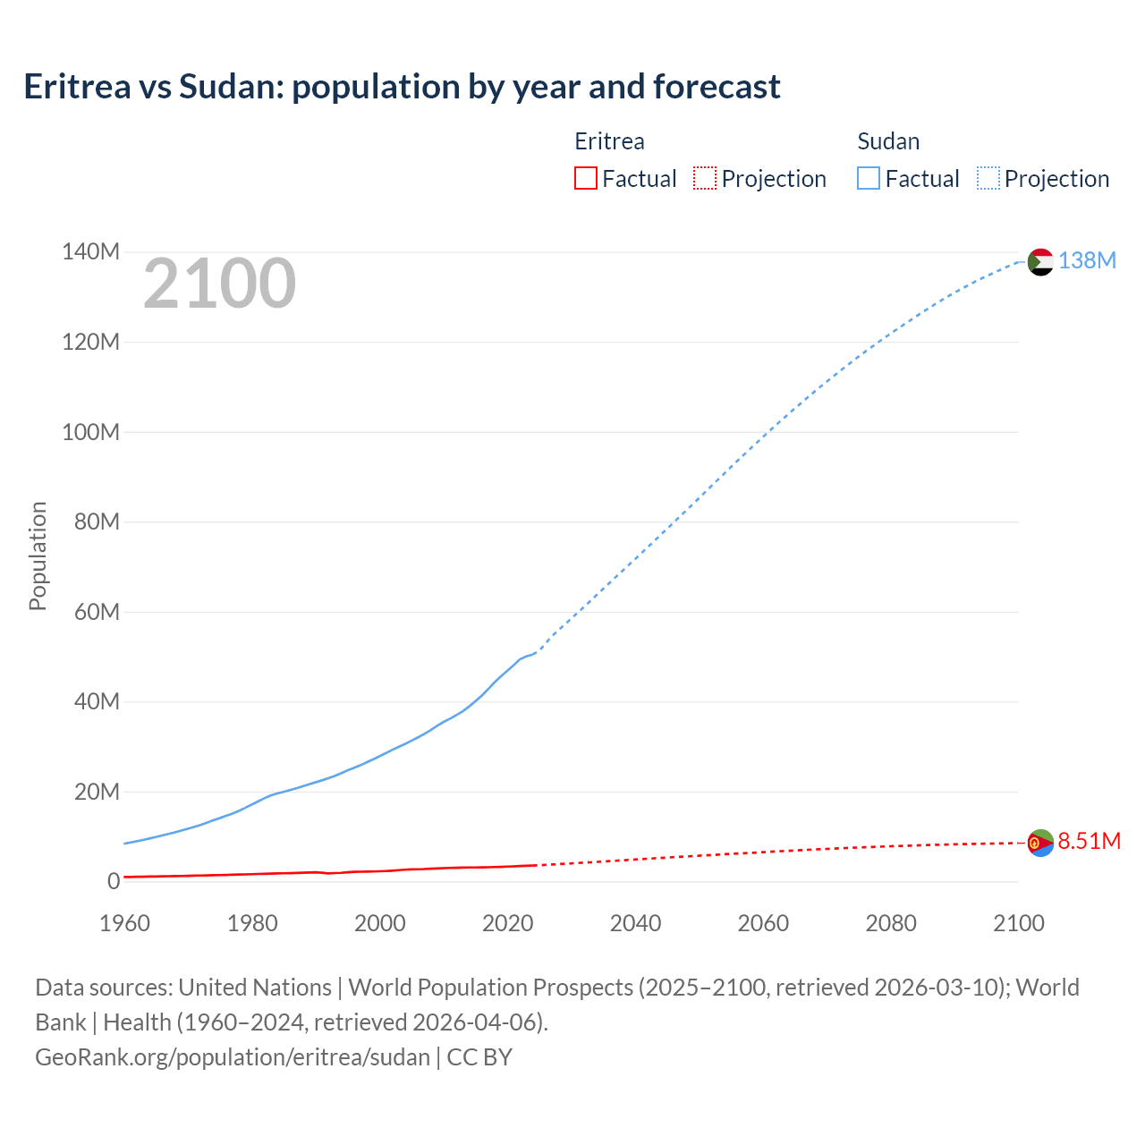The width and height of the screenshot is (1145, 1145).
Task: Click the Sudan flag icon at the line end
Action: click(x=1040, y=262)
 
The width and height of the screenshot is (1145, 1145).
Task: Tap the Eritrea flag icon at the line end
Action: click(x=1040, y=843)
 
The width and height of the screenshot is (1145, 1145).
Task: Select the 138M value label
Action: click(x=1087, y=260)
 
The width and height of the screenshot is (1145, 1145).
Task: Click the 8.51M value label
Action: click(x=1089, y=841)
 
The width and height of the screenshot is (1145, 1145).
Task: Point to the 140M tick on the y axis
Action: click(x=90, y=252)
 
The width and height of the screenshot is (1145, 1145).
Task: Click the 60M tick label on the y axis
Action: click(x=97, y=612)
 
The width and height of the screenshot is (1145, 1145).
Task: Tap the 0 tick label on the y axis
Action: click(x=113, y=881)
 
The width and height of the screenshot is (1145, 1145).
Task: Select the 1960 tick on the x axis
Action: click(x=124, y=923)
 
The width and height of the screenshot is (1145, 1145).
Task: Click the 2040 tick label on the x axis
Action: click(x=635, y=923)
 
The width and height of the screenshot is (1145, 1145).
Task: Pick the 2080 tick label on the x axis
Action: click(x=890, y=923)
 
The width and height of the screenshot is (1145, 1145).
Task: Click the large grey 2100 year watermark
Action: click(x=219, y=284)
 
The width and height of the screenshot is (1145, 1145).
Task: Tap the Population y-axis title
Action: click(x=38, y=556)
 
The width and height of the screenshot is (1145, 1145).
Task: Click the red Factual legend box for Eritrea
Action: click(x=585, y=178)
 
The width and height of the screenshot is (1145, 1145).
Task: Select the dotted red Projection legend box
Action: click(x=705, y=178)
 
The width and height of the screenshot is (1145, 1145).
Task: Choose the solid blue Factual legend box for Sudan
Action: click(x=868, y=178)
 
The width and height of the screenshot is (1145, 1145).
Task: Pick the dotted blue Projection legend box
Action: click(x=988, y=178)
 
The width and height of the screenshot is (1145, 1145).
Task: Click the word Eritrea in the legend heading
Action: click(x=609, y=141)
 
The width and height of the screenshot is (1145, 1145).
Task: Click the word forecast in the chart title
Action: click(x=716, y=87)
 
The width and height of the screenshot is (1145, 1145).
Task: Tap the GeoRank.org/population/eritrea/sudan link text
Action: click(x=233, y=1056)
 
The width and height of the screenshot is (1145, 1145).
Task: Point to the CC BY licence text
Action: click(x=479, y=1056)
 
